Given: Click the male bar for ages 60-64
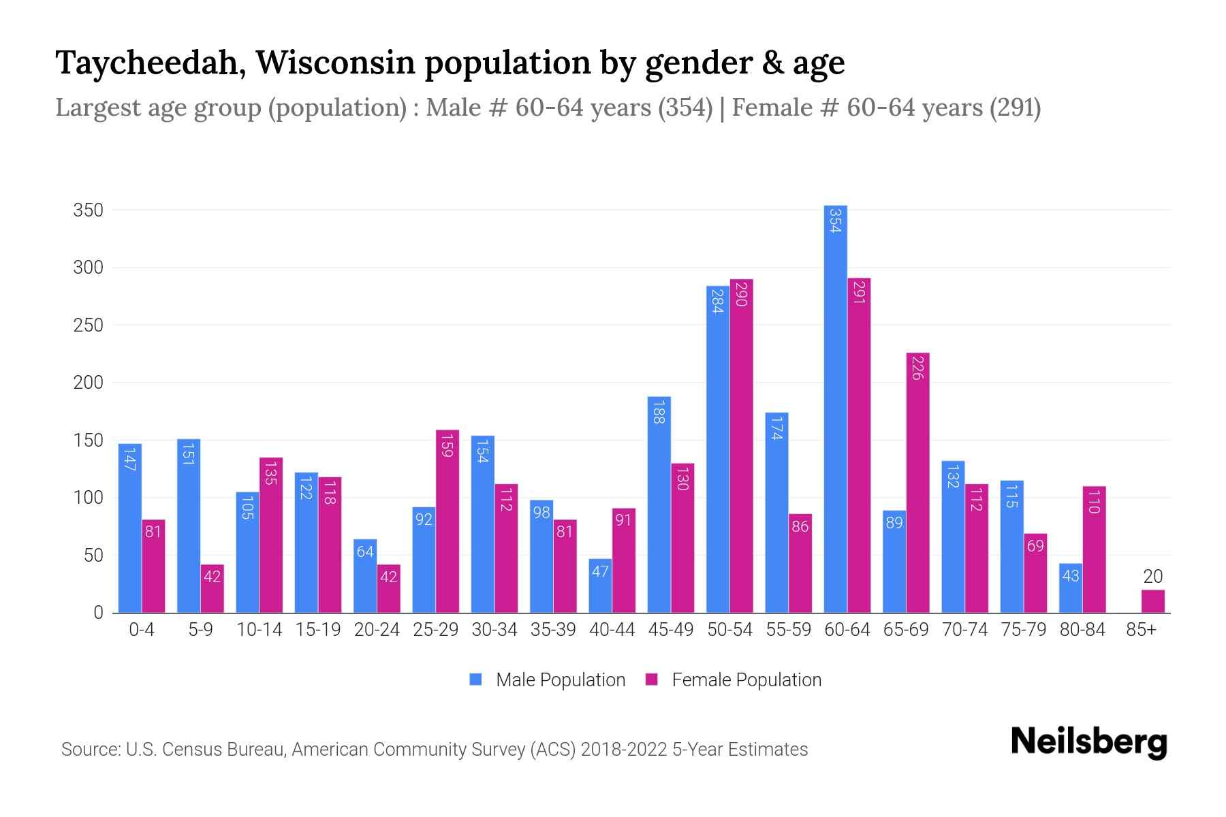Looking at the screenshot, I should [835, 408].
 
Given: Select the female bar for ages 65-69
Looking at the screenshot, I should [917, 483].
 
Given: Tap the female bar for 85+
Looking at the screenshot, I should [1152, 601].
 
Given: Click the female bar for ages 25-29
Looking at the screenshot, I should [447, 521].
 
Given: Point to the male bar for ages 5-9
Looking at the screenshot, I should [189, 526].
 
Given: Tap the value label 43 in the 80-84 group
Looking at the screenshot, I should [1070, 576].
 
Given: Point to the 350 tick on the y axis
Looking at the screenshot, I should [89, 210].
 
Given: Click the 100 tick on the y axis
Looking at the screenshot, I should [89, 498].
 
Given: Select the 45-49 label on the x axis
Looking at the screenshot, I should [671, 630].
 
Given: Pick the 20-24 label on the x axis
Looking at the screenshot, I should [377, 630].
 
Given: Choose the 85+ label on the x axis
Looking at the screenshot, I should [1141, 630].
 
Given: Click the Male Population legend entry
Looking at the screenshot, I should [560, 680].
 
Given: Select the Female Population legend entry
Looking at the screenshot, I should [746, 680].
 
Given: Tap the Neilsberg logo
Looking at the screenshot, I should [1088, 742].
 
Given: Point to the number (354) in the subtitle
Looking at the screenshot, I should [685, 108].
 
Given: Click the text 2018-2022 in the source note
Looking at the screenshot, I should [623, 750].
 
